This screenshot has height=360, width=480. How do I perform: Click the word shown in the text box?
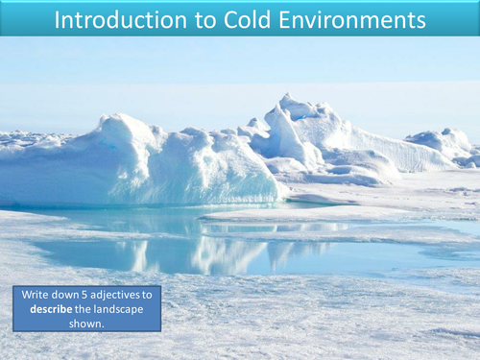pyautogui.click(x=86, y=323)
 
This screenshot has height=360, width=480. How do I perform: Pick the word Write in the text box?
pyautogui.click(x=36, y=296)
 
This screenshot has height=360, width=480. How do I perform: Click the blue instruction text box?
pyautogui.click(x=86, y=309)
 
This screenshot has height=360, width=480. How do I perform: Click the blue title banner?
pyautogui.click(x=240, y=18)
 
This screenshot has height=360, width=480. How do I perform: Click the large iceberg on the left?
pyautogui.click(x=144, y=163)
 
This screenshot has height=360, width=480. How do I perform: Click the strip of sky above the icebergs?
pyautogui.click(x=240, y=72)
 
